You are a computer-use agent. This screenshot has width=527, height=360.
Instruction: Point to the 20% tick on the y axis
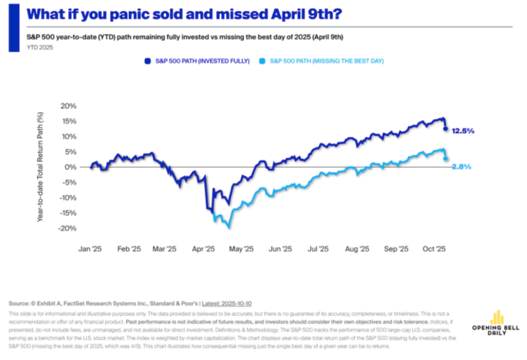[68, 106]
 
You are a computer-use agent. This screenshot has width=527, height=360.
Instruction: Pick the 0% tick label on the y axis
[71, 167]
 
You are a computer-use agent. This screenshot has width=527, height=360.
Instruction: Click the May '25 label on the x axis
[242, 250]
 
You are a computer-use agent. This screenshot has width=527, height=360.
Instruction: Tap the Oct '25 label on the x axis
[434, 250]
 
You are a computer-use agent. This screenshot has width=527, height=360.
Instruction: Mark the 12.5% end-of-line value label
[463, 130]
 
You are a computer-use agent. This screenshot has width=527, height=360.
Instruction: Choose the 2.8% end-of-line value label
[462, 167]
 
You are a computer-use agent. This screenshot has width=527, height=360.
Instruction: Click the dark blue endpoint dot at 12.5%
[446, 129]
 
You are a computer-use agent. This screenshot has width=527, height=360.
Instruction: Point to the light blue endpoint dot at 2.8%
[446, 159]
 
